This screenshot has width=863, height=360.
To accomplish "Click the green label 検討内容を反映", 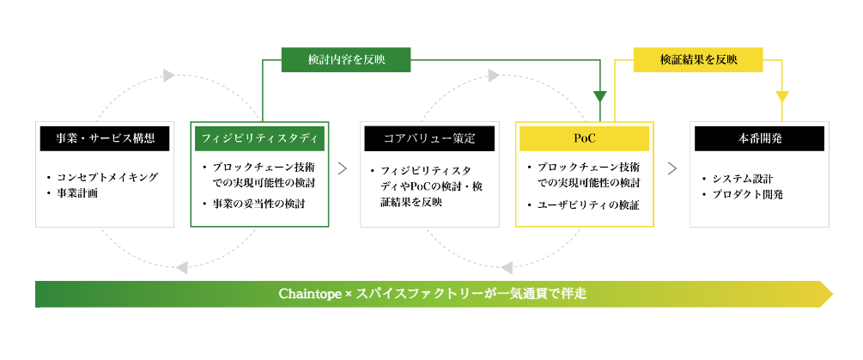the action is (x=346, y=59).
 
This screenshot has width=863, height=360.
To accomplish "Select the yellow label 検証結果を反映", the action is (x=698, y=59).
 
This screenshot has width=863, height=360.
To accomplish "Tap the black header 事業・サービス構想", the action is (x=105, y=138).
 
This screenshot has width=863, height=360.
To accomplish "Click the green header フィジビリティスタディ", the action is (x=260, y=138).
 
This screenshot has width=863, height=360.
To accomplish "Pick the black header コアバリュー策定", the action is (x=429, y=138).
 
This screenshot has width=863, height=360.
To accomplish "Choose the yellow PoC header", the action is (x=585, y=138).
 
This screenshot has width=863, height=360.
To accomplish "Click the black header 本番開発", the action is (x=760, y=138).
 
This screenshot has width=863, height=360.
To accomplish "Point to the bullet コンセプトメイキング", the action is (x=102, y=177).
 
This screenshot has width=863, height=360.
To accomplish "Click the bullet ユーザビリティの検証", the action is (x=583, y=204).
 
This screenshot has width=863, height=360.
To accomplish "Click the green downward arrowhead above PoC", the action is (x=600, y=96).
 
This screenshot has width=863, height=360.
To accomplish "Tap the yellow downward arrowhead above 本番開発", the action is (x=782, y=96).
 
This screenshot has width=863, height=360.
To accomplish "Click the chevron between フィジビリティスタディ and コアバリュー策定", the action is (x=343, y=168).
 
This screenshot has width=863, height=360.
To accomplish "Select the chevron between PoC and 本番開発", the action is (x=672, y=168).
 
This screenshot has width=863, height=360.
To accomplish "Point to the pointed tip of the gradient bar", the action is (x=833, y=294).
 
